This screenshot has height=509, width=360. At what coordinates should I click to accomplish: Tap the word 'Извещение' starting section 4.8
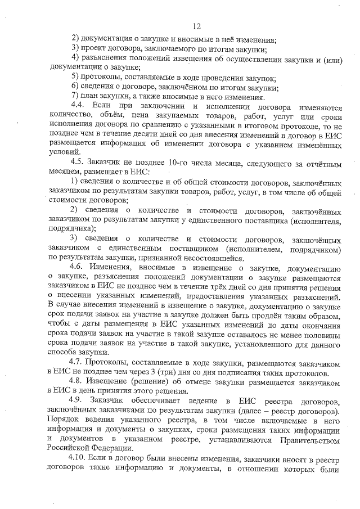point(113,382)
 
